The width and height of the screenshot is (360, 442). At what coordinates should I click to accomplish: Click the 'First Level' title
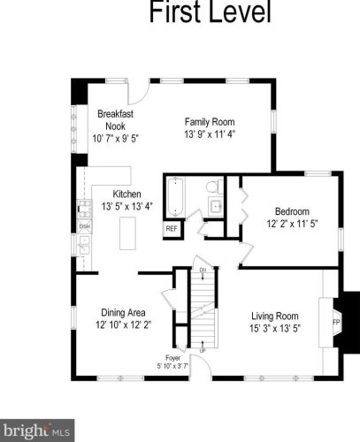click(x=210, y=11)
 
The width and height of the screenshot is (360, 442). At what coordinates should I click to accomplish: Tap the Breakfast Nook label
click(x=115, y=120)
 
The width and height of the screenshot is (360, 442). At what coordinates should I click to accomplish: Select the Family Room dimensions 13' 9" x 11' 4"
click(x=210, y=134)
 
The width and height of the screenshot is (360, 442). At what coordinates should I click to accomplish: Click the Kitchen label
click(x=126, y=194)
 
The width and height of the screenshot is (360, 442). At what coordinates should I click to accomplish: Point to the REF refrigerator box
click(x=172, y=228)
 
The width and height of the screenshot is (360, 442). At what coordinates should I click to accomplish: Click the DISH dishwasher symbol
click(x=85, y=226)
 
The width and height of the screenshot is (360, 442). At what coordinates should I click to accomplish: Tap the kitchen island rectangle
click(x=127, y=233)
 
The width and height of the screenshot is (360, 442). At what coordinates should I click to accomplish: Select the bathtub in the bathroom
click(x=175, y=197)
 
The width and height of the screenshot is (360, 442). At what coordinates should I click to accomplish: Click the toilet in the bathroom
click(x=213, y=187)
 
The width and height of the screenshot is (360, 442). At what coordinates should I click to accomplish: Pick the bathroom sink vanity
click(x=216, y=206)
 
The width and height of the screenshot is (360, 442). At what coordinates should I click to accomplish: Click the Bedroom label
click(x=292, y=211)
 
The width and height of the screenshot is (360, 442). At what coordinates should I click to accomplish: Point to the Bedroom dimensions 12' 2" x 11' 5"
click(x=292, y=224)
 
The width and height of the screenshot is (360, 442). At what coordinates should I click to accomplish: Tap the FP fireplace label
click(x=336, y=322)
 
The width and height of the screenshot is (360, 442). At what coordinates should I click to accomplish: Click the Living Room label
click(x=275, y=316)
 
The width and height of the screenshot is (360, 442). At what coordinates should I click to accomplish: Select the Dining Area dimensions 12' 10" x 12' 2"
click(x=123, y=325)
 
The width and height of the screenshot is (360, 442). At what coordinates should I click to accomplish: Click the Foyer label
click(x=172, y=358)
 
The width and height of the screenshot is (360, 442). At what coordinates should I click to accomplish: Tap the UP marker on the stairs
click(x=203, y=351)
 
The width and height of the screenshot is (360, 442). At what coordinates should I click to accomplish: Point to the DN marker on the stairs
click(x=203, y=270)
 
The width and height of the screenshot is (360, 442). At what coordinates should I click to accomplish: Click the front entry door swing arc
click(x=206, y=363)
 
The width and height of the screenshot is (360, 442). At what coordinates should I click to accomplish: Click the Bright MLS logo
click(x=37, y=431)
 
